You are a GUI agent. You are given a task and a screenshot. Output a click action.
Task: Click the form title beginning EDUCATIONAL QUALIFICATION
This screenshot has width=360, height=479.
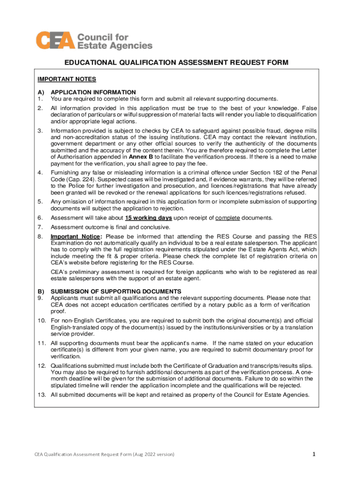tap(176, 62)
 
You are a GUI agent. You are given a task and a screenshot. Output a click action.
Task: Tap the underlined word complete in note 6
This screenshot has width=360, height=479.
tap(228, 218)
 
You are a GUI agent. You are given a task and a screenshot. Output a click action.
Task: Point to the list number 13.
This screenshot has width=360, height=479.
tap(41, 395)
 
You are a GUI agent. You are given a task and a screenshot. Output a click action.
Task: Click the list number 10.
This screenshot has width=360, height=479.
tap(41, 321)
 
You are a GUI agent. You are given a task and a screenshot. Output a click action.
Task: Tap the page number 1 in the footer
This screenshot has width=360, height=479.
tap(315, 454)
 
